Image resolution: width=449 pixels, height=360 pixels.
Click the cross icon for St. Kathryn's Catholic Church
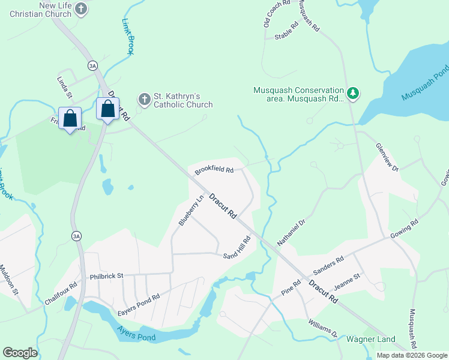pos(144,98)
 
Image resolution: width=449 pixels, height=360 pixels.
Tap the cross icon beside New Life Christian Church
pos(82,9)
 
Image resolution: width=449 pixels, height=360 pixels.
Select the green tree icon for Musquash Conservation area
pos(354,92)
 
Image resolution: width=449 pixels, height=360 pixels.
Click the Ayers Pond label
pos(136,337)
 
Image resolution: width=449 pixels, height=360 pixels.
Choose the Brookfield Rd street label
pos(214,171)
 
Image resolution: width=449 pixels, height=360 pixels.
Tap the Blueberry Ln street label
pos(187,211)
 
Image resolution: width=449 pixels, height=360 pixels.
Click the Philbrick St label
pos(106,276)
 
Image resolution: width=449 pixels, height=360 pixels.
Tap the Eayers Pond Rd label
pos(139,297)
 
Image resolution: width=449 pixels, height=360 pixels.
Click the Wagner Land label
pos(370,340)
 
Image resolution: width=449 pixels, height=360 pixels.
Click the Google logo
pos(20,353)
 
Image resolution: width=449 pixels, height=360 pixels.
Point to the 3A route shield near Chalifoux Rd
pos(76,235)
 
